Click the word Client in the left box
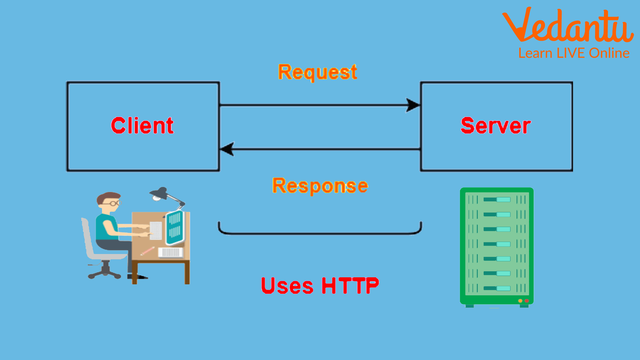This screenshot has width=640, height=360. pyautogui.click(x=142, y=126)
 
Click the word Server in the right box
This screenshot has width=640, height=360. pyautogui.click(x=496, y=126)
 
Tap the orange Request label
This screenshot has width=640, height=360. pyautogui.click(x=317, y=72)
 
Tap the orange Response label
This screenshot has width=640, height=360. pyautogui.click(x=320, y=186)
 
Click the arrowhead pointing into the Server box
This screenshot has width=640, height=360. pyautogui.click(x=413, y=105)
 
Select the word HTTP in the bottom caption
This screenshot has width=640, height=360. pyautogui.click(x=350, y=286)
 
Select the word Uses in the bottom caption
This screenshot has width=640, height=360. pyautogui.click(x=287, y=286)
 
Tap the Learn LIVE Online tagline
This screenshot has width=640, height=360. pyautogui.click(x=574, y=53)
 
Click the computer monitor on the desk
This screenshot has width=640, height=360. pyautogui.click(x=175, y=227)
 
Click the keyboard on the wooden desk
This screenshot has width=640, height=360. pyautogui.click(x=171, y=252)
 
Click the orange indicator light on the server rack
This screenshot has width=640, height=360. pyautogui.click(x=520, y=301)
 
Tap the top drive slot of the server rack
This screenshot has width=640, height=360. pyautogui.click(x=497, y=200)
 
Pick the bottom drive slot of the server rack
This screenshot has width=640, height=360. pyautogui.click(x=497, y=288)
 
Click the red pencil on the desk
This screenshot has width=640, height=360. pyautogui.click(x=147, y=251)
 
